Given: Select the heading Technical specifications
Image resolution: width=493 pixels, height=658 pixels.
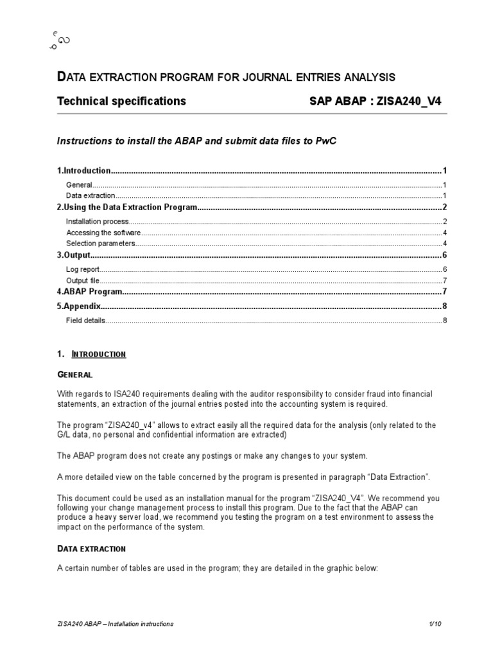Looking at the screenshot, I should point(121,101).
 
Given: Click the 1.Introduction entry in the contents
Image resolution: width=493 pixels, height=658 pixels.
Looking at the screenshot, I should point(84,171).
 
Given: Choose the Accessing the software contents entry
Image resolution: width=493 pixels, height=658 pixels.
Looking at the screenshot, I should point(103,233).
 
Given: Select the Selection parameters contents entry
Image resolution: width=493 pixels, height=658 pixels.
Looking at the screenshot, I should point(101,244).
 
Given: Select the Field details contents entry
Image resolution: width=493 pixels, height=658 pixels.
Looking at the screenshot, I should point(85,320).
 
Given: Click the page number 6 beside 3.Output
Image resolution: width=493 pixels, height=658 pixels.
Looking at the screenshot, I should point(444,256).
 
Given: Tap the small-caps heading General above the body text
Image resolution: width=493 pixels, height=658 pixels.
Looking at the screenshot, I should point(75,374).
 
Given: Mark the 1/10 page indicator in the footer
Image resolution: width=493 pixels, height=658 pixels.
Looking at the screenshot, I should point(437,624).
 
